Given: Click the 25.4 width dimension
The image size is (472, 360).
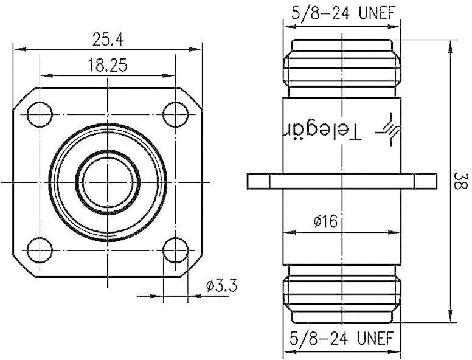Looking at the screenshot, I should point(108,40).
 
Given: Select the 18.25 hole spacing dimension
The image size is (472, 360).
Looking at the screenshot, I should point(108,66).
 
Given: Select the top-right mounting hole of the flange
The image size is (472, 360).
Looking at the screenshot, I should point(176,113).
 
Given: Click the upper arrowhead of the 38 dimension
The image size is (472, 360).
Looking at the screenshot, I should point(451,46).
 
